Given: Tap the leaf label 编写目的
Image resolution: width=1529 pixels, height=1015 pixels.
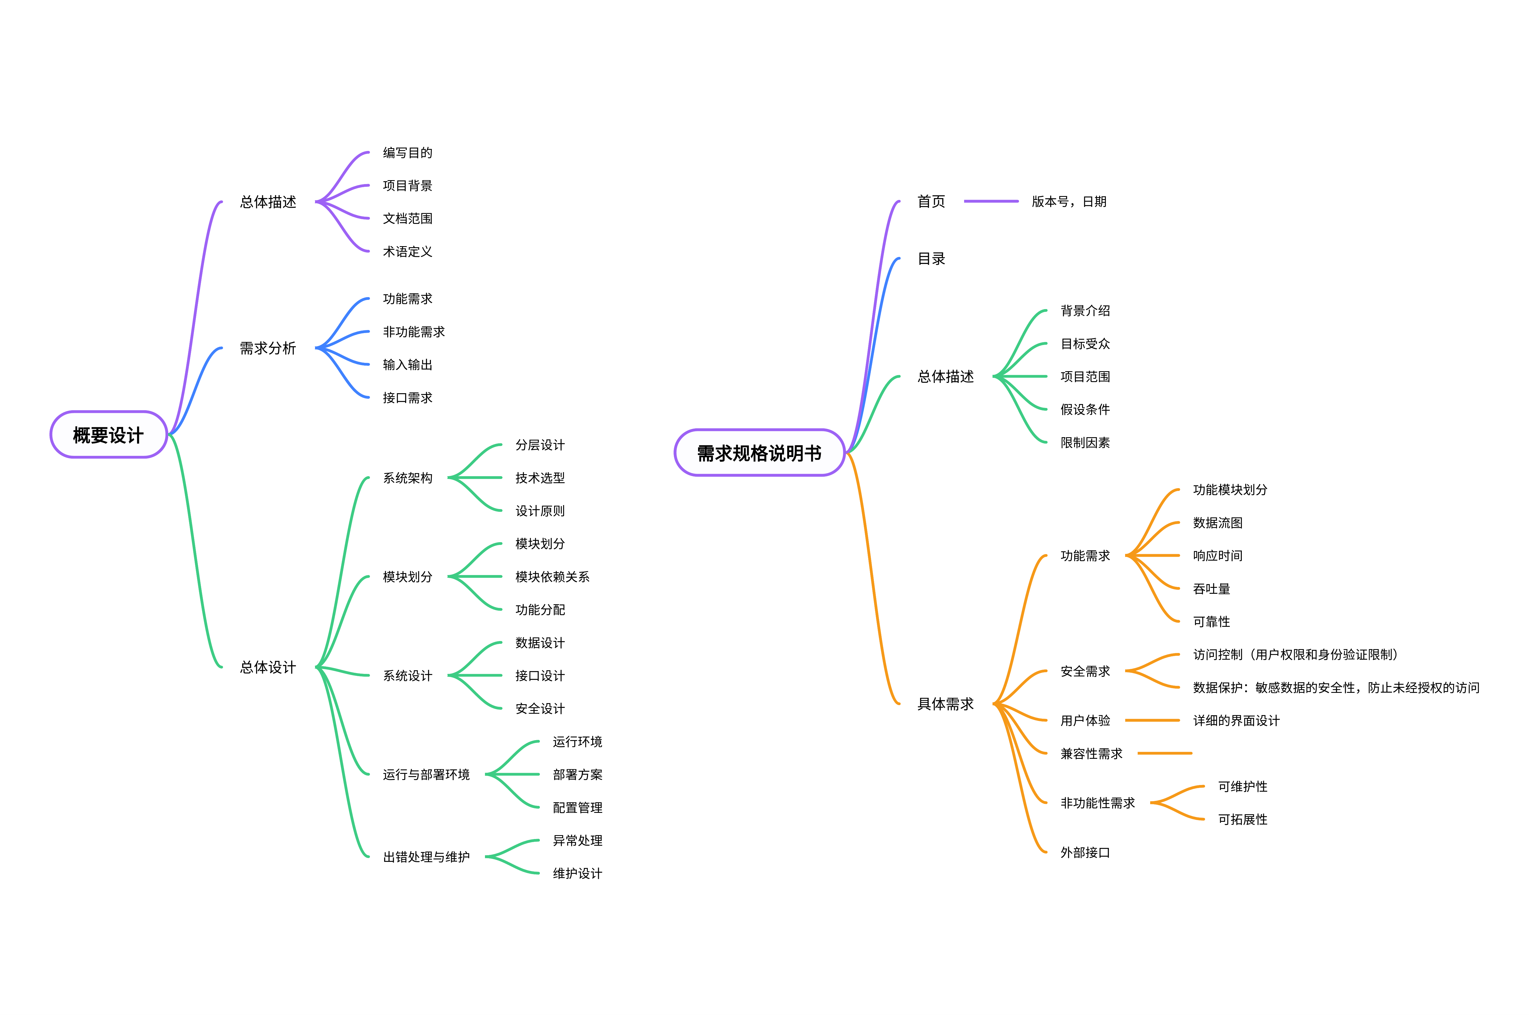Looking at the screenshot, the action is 407,153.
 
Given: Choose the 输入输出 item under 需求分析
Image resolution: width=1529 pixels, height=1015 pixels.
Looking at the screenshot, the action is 407,365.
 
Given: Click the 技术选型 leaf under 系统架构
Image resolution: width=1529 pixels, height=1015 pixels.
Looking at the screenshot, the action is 540,478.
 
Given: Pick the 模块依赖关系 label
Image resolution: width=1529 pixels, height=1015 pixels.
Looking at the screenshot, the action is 552,577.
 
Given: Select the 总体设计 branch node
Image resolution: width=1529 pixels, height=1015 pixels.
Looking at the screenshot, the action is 268,667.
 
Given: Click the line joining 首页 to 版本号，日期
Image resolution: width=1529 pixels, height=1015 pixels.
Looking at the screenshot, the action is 991,201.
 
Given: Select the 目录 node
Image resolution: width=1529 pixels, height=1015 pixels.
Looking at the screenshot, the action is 931,259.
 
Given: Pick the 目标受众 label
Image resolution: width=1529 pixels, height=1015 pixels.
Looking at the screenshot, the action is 1085,344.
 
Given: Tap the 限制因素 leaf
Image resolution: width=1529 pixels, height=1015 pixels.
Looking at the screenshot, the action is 1085,443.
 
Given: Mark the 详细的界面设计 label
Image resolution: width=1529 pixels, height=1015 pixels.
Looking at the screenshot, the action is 1237,720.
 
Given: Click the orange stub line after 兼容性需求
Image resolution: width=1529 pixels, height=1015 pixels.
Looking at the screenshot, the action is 1165,754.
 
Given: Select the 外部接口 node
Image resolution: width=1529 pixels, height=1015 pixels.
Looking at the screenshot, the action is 1085,853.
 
